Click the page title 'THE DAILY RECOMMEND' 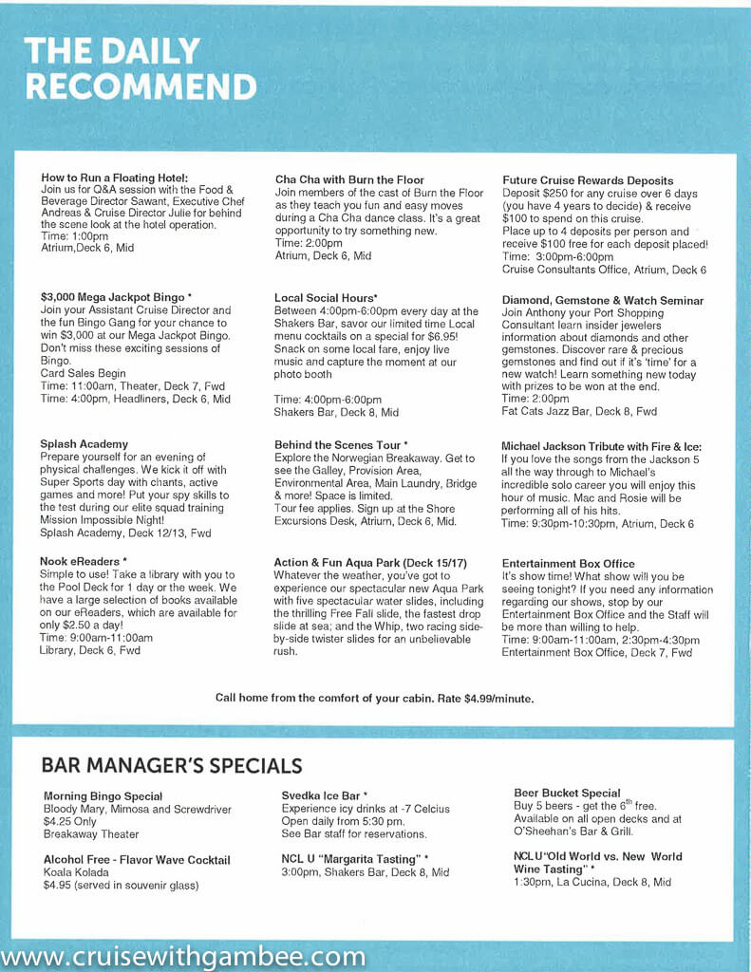click(140, 68)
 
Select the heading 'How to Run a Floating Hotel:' click(115, 178)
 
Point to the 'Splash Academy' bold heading click(84, 444)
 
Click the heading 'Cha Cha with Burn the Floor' click(349, 179)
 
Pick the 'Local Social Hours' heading click(326, 298)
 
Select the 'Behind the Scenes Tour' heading click(341, 444)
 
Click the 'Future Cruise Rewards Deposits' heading click(588, 180)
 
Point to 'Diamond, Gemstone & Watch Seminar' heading click(603, 300)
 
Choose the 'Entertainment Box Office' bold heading click(569, 564)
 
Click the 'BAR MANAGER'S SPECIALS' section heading click(172, 765)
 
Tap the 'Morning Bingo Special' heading click(103, 795)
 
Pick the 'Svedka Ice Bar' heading click(325, 794)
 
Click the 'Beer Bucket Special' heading click(567, 793)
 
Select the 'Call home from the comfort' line click(374, 698)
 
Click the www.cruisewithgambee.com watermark click(183, 956)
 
